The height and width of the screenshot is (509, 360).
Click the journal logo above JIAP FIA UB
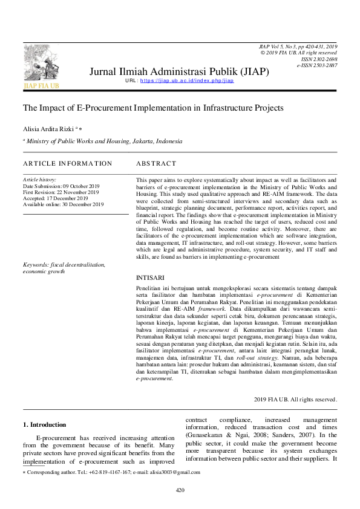[41, 63]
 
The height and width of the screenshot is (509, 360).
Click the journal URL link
[187, 80]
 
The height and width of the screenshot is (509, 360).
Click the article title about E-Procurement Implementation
[152, 108]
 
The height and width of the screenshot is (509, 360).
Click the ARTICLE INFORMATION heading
[67, 164]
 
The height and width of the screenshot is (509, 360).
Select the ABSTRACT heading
[156, 164]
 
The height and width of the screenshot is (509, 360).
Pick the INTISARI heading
[149, 277]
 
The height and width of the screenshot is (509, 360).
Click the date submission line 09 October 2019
[61, 186]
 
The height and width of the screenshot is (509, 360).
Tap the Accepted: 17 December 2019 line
[55, 198]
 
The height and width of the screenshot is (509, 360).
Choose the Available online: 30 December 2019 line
[63, 204]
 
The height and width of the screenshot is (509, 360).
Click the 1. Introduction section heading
[44, 424]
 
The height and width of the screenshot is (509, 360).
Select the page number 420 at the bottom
[180, 490]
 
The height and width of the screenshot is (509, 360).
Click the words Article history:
[39, 180]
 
